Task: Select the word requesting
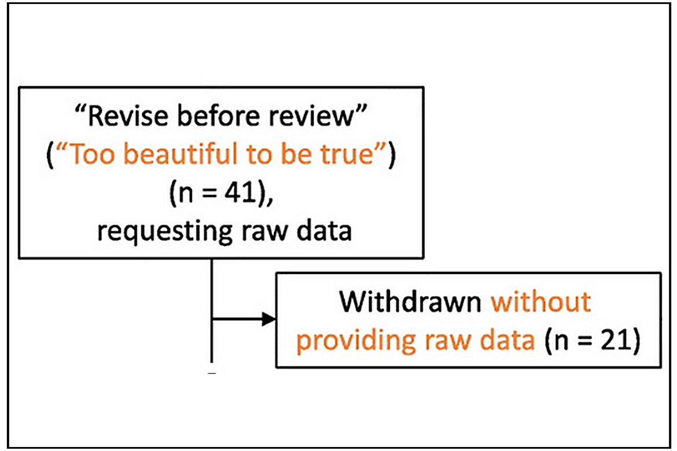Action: pyautogui.click(x=166, y=232)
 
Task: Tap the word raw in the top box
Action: pyautogui.click(x=264, y=232)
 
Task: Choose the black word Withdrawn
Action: pyautogui.click(x=410, y=301)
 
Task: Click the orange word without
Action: pyautogui.click(x=541, y=301)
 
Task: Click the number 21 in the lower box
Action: pyautogui.click(x=617, y=339)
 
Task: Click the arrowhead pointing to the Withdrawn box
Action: pyautogui.click(x=268, y=319)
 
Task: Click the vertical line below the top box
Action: pyautogui.click(x=212, y=310)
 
